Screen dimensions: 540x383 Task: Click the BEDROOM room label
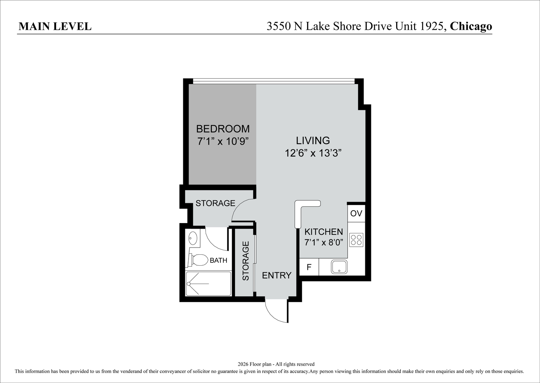[x=223, y=129]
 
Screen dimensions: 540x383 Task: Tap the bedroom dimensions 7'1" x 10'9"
[x=223, y=141]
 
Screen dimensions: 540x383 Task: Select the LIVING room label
[x=313, y=140]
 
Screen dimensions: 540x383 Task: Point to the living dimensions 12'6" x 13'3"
[x=313, y=153]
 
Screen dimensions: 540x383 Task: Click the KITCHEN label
[x=323, y=232]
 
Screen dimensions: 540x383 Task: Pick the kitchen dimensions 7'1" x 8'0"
[x=324, y=242]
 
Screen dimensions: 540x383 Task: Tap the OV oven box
[x=356, y=213]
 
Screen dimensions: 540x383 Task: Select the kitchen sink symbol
[x=339, y=267]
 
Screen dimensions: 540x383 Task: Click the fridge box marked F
[x=309, y=267]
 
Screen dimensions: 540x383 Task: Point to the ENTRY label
[x=277, y=276]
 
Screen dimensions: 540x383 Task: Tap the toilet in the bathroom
[x=198, y=260]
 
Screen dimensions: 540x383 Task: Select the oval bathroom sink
[x=193, y=238]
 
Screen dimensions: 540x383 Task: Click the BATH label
[x=218, y=260]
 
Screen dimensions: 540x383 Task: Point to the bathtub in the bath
[x=208, y=284]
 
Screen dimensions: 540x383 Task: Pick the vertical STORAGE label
[x=245, y=261]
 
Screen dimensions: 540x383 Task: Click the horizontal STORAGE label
[x=215, y=204]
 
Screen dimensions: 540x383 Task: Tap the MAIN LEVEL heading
[x=55, y=27]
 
